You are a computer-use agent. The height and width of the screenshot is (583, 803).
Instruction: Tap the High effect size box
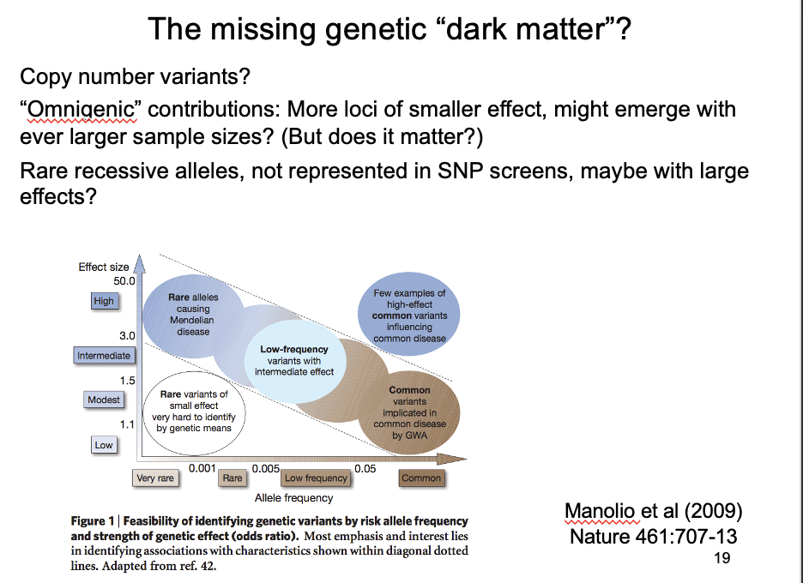pyautogui.click(x=103, y=301)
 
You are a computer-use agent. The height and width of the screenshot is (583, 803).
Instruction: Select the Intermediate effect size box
pyautogui.click(x=104, y=355)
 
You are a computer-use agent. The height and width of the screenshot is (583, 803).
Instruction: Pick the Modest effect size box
pyautogui.click(x=104, y=400)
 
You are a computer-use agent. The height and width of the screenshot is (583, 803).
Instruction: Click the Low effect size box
pyautogui.click(x=103, y=445)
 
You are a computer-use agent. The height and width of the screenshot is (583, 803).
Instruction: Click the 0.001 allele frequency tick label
pyautogui.click(x=202, y=468)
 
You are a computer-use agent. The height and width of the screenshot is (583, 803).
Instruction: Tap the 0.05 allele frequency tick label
pyautogui.click(x=365, y=468)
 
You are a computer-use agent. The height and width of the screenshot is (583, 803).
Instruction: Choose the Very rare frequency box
pyautogui.click(x=155, y=478)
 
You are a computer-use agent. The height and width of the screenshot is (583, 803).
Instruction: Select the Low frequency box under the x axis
pyautogui.click(x=316, y=478)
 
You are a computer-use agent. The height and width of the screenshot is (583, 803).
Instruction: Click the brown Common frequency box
pyautogui.click(x=421, y=478)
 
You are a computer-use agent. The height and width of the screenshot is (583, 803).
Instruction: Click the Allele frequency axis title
pyautogui.click(x=293, y=497)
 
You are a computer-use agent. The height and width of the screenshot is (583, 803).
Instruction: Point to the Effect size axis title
pyautogui.click(x=104, y=267)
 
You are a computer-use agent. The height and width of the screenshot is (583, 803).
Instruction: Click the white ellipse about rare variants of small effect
pyautogui.click(x=194, y=412)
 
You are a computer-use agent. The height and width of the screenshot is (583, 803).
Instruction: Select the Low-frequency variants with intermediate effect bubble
pyautogui.click(x=294, y=361)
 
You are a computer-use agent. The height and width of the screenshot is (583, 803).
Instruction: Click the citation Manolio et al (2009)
pyautogui.click(x=653, y=512)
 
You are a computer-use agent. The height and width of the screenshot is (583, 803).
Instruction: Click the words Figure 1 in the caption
pyautogui.click(x=93, y=521)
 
